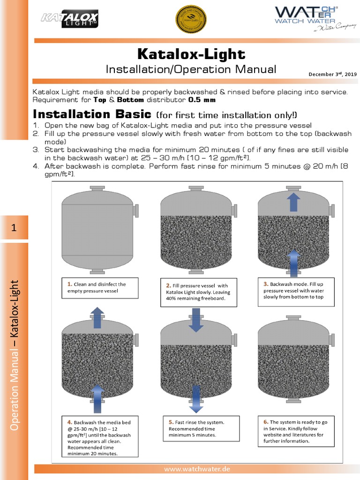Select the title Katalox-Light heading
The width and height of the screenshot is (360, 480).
pos(191,53)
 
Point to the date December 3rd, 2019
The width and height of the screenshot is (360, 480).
pos(332,74)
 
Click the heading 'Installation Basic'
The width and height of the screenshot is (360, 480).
pos(91,115)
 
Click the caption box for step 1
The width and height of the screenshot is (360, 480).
pos(99,288)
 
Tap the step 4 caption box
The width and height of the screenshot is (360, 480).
pos(99,437)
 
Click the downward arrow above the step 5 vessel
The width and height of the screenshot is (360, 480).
pos(196,320)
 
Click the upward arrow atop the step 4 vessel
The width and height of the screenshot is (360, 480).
pos(97,318)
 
